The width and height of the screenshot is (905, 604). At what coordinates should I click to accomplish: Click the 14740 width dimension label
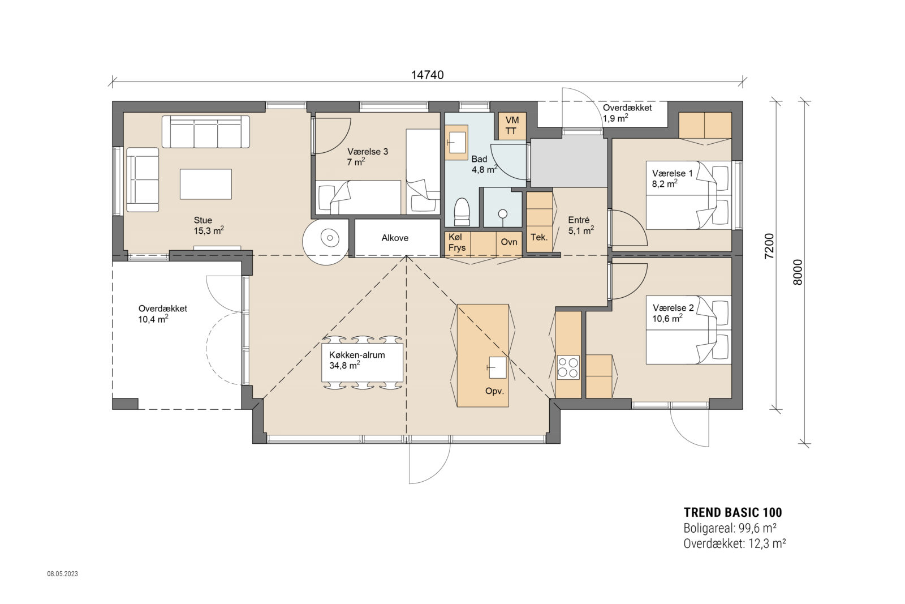click(427, 75)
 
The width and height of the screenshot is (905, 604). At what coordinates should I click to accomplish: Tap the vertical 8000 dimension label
click(798, 272)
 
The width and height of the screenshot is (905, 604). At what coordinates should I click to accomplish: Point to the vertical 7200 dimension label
click(768, 246)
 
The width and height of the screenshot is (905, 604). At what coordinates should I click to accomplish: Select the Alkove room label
click(395, 238)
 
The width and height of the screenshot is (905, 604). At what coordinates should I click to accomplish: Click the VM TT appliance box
click(512, 126)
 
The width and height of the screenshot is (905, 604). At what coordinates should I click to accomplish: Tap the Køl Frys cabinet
click(457, 242)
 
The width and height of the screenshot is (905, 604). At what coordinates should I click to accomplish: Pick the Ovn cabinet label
click(509, 242)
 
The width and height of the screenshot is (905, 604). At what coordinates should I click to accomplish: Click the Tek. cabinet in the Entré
click(539, 237)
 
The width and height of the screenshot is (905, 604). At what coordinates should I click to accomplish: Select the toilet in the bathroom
click(462, 211)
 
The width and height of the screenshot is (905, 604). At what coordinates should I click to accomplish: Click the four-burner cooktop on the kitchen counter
click(568, 367)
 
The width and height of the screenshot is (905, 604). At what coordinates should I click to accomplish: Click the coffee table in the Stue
click(205, 184)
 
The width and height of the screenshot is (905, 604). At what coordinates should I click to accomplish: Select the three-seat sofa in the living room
click(206, 132)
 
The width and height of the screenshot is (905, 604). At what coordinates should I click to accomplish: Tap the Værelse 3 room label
click(368, 157)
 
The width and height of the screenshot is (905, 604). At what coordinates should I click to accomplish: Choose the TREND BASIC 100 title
click(732, 512)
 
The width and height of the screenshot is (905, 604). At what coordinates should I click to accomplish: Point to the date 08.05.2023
click(62, 574)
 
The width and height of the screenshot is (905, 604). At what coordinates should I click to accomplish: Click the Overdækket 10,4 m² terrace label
click(162, 314)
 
